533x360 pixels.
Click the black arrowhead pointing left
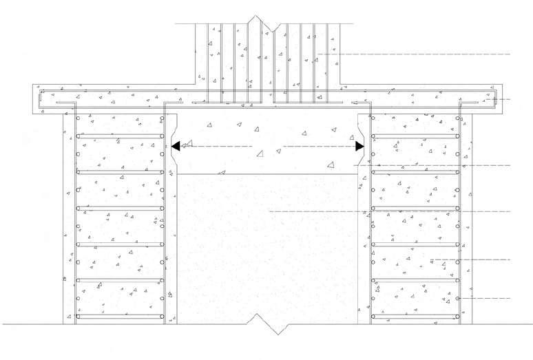[176, 146]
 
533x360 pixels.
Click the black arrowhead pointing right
[359, 146]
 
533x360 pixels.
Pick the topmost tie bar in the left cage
[121, 136]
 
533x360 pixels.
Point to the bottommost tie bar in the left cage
[121, 317]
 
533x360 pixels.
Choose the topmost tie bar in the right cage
[416, 136]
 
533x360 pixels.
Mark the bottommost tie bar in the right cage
[416, 317]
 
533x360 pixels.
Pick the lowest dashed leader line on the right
[485, 298]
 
